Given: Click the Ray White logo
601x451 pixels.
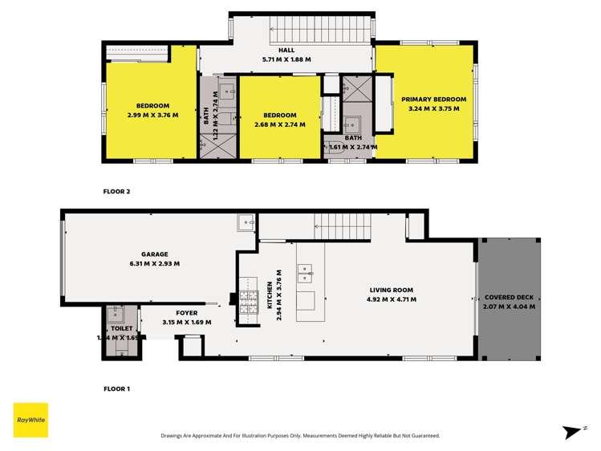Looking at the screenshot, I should pyautogui.click(x=30, y=420).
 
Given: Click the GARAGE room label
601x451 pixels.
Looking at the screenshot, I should pyautogui.click(x=154, y=254).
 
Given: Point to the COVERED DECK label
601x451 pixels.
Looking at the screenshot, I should pyautogui.click(x=509, y=297).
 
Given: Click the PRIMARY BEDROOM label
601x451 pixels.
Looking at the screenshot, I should pyautogui.click(x=433, y=100).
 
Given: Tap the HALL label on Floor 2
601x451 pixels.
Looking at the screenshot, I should pyautogui.click(x=286, y=51).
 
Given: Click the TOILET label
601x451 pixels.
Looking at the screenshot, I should pyautogui.click(x=122, y=328).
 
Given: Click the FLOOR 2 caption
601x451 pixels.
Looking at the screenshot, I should pyautogui.click(x=116, y=192).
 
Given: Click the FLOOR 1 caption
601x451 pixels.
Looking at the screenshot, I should pyautogui.click(x=116, y=388).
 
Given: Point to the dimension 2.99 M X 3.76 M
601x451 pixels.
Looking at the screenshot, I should pyautogui.click(x=152, y=115).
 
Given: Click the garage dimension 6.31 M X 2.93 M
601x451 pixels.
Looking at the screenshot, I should pyautogui.click(x=154, y=263).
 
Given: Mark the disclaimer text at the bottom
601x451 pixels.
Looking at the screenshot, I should pyautogui.click(x=300, y=436).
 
